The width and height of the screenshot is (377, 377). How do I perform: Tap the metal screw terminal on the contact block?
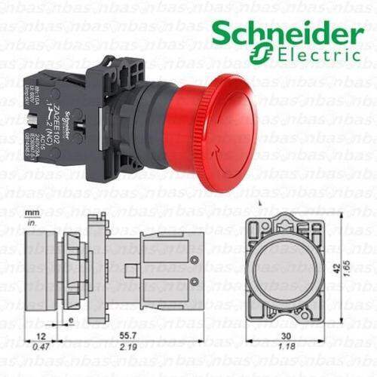(28, 121)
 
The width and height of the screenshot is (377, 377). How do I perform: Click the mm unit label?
(31, 213)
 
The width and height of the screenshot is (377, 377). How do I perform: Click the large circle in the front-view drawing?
(287, 269)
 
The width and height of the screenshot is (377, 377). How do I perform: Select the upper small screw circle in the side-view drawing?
(194, 259)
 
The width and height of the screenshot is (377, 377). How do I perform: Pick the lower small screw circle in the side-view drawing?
(194, 281)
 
